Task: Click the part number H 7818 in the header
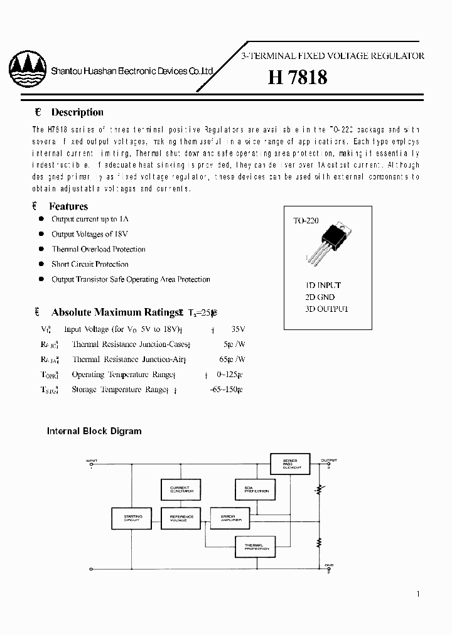coord(297,77)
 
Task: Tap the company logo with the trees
coord(28,71)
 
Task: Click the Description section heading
coord(77,112)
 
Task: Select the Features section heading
coord(69,206)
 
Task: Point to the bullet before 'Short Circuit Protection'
coord(41,264)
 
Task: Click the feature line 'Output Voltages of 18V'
coord(90,234)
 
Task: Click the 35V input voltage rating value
coord(238,329)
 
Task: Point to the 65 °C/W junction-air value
coord(234,360)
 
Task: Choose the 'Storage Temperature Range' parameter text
coord(119,390)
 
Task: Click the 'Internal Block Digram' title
coord(94,431)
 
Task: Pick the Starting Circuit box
coord(133,518)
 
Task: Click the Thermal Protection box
coord(256,547)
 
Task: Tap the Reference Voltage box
coord(181,518)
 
